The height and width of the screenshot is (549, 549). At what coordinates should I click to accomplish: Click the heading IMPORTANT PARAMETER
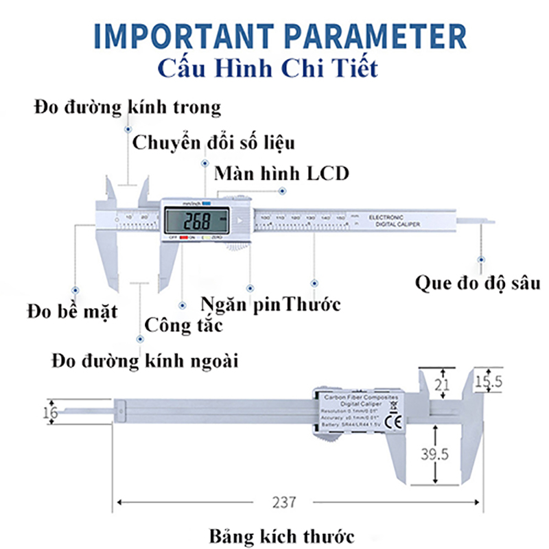(x=274, y=36)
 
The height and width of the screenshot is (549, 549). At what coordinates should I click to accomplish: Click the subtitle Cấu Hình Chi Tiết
(x=267, y=69)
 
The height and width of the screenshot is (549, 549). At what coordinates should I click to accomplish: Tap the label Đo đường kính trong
(x=127, y=107)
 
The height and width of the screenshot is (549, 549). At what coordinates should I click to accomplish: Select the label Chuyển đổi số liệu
(x=213, y=143)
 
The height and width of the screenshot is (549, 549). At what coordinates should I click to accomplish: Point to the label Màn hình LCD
(x=281, y=173)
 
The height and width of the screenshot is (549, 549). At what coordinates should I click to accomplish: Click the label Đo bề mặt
(x=72, y=312)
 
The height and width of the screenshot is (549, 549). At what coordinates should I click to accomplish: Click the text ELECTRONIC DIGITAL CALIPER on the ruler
(x=394, y=220)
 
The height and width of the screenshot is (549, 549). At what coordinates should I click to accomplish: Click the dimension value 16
(x=48, y=412)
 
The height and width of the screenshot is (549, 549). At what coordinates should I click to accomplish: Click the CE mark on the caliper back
(x=396, y=421)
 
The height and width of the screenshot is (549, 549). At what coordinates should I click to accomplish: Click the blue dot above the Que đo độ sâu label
(x=481, y=259)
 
